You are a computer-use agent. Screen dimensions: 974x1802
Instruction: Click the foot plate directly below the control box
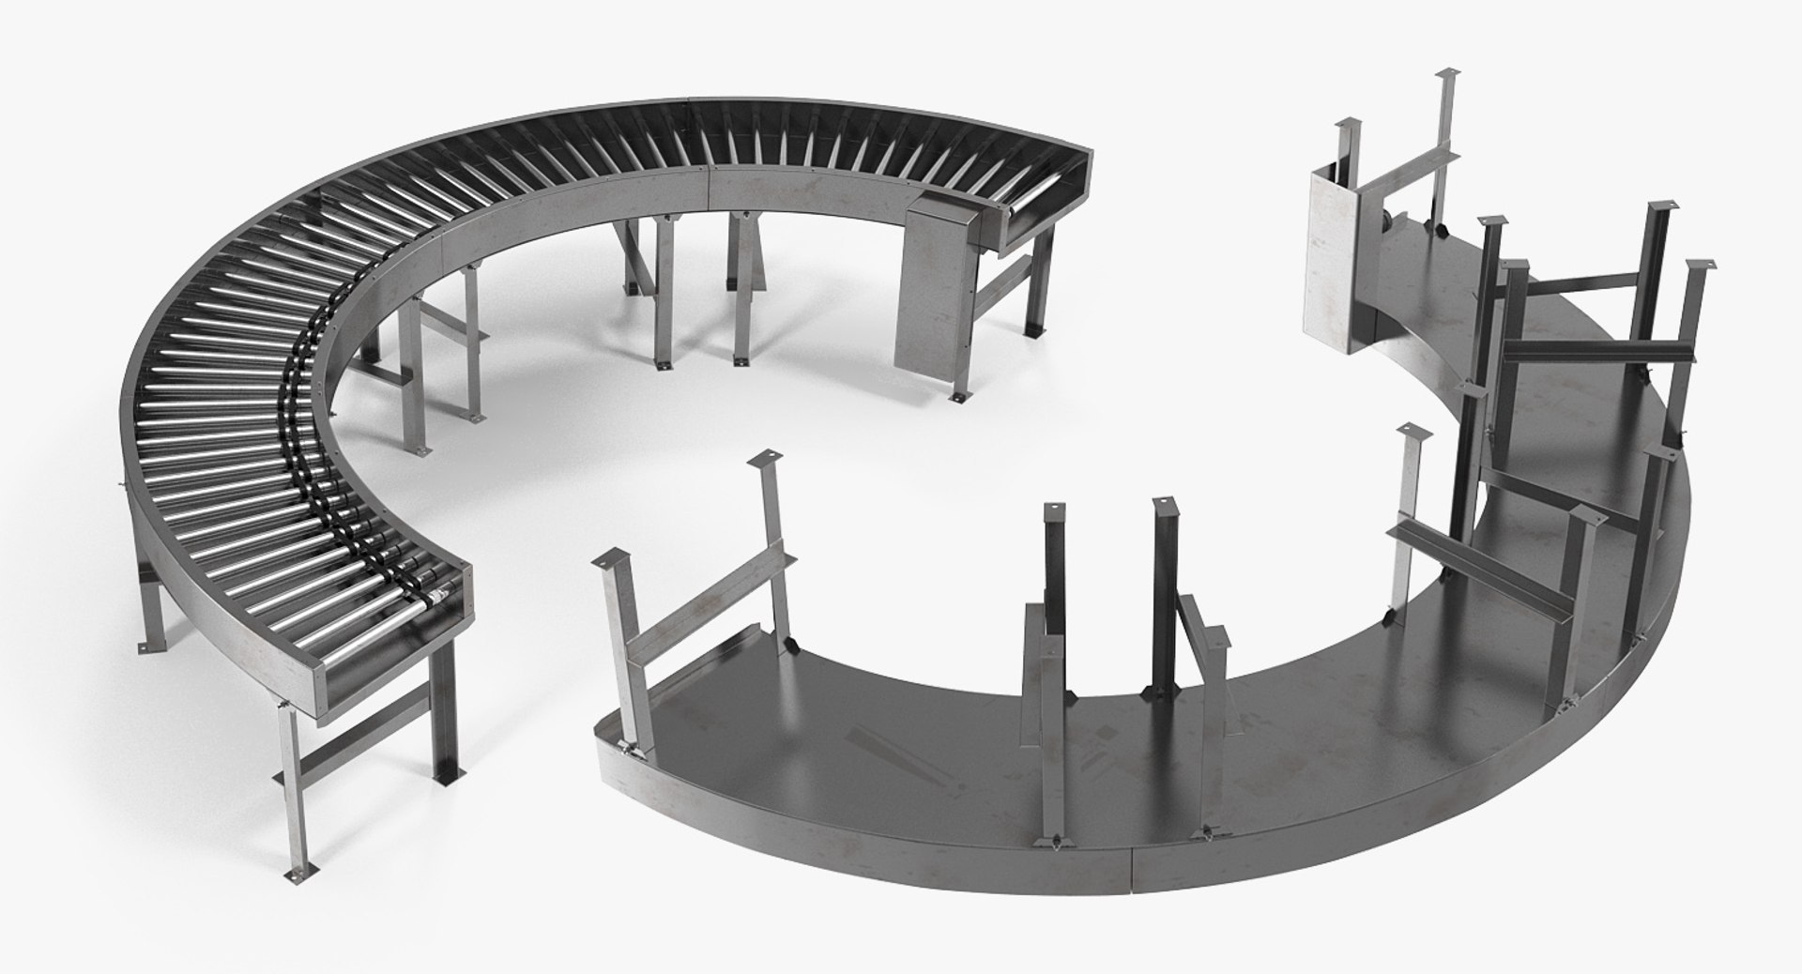(961, 399)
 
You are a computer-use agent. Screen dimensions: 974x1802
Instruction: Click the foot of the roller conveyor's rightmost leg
(1038, 333)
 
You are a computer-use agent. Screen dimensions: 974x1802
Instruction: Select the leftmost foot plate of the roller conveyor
(143, 646)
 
